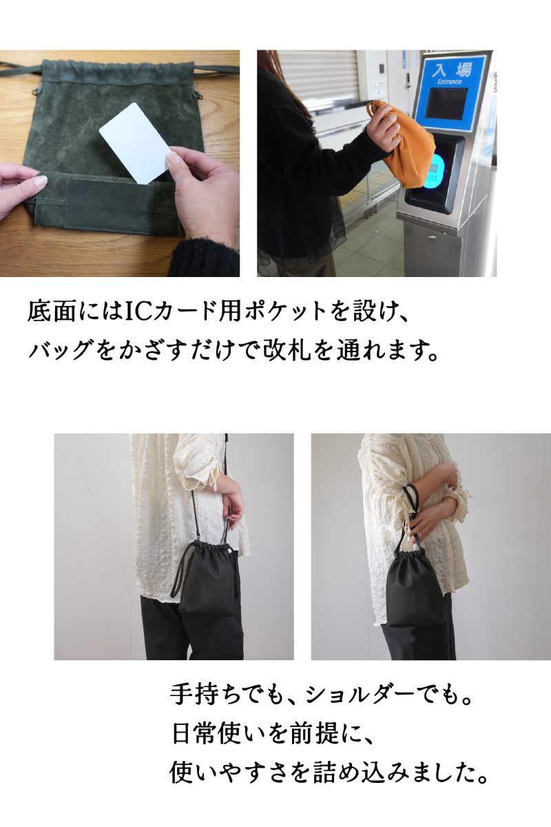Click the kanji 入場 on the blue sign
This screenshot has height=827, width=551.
[452, 70]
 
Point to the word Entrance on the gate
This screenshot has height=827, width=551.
[450, 82]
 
